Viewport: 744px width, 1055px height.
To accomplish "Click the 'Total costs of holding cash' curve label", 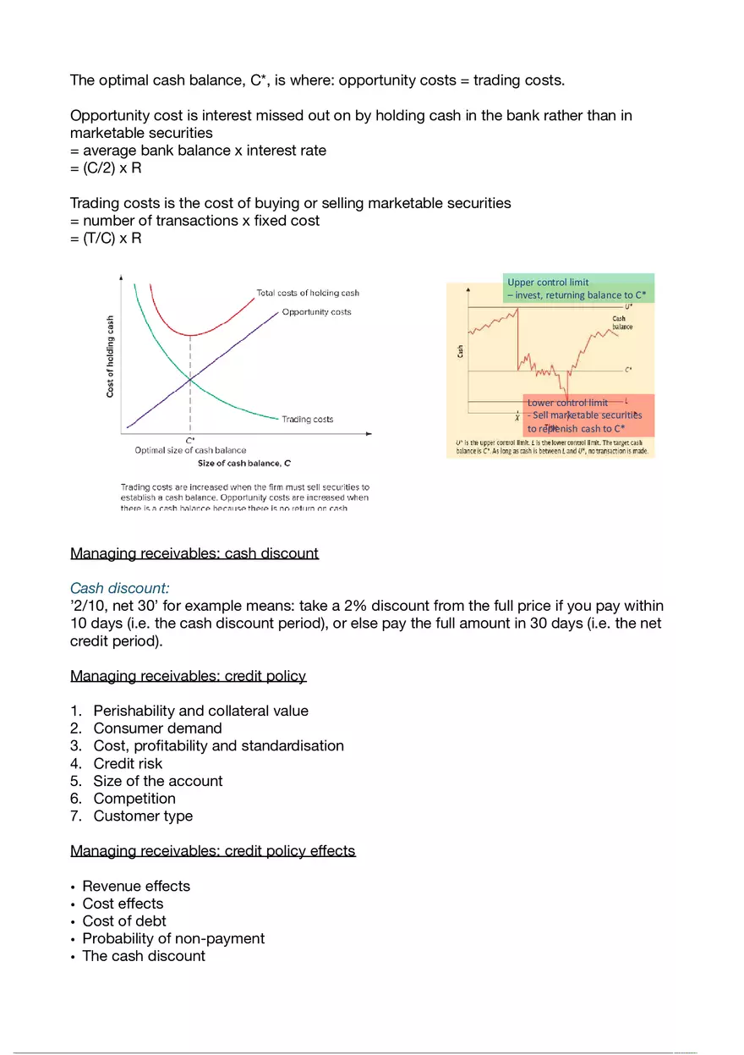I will pos(308,293).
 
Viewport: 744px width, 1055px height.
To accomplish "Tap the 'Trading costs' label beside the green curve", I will pos(307,419).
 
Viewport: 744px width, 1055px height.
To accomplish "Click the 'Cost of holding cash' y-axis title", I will pos(110,356).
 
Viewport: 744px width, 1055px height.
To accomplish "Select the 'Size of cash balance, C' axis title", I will pos(243,463).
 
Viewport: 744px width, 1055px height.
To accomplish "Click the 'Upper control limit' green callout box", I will pos(580,288).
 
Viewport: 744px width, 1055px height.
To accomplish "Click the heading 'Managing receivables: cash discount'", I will pos(194,553).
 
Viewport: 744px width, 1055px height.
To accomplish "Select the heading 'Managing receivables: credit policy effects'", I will pos(213,850).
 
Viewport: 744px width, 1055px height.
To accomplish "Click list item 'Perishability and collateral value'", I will pos(200,711).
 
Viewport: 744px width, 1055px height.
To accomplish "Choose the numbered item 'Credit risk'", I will pos(128,763).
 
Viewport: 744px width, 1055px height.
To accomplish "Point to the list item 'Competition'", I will pos(134,798).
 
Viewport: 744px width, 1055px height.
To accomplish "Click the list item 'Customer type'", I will pos(143,816).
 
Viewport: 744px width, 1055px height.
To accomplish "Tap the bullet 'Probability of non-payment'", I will pos(173,938).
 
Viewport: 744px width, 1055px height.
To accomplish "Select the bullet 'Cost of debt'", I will pos(124,920).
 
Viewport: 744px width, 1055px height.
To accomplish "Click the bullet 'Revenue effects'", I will pos(136,886).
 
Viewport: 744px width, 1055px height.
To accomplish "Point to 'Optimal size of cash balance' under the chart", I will pos(190,450).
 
